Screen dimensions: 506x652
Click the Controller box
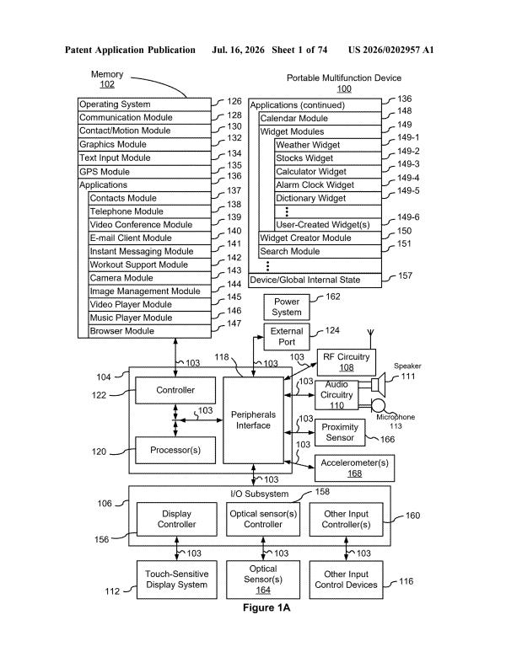pos(175,390)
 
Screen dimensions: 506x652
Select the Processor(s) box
pos(175,450)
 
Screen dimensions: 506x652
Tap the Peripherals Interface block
pos(253,420)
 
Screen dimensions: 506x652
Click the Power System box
pos(286,307)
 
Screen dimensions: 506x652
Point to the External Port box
pos(286,336)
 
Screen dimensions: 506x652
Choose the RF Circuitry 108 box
pos(347,362)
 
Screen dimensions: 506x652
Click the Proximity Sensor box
pos(340,432)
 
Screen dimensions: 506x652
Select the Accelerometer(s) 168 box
pos(354,468)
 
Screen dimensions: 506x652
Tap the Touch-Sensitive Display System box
pos(177,580)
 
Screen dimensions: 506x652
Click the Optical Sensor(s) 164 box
pos(263,580)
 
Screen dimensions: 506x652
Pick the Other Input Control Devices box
pos(347,580)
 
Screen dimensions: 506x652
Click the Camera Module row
pos(150,278)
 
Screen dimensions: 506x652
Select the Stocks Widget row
pos(328,158)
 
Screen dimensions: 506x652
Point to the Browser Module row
pos(150,331)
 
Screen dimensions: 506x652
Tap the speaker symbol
pos(379,384)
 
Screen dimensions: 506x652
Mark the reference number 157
pos(405,275)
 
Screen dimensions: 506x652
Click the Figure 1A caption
pos(266,608)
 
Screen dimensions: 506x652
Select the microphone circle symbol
pos(379,405)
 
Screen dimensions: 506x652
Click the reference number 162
pos(333,297)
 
